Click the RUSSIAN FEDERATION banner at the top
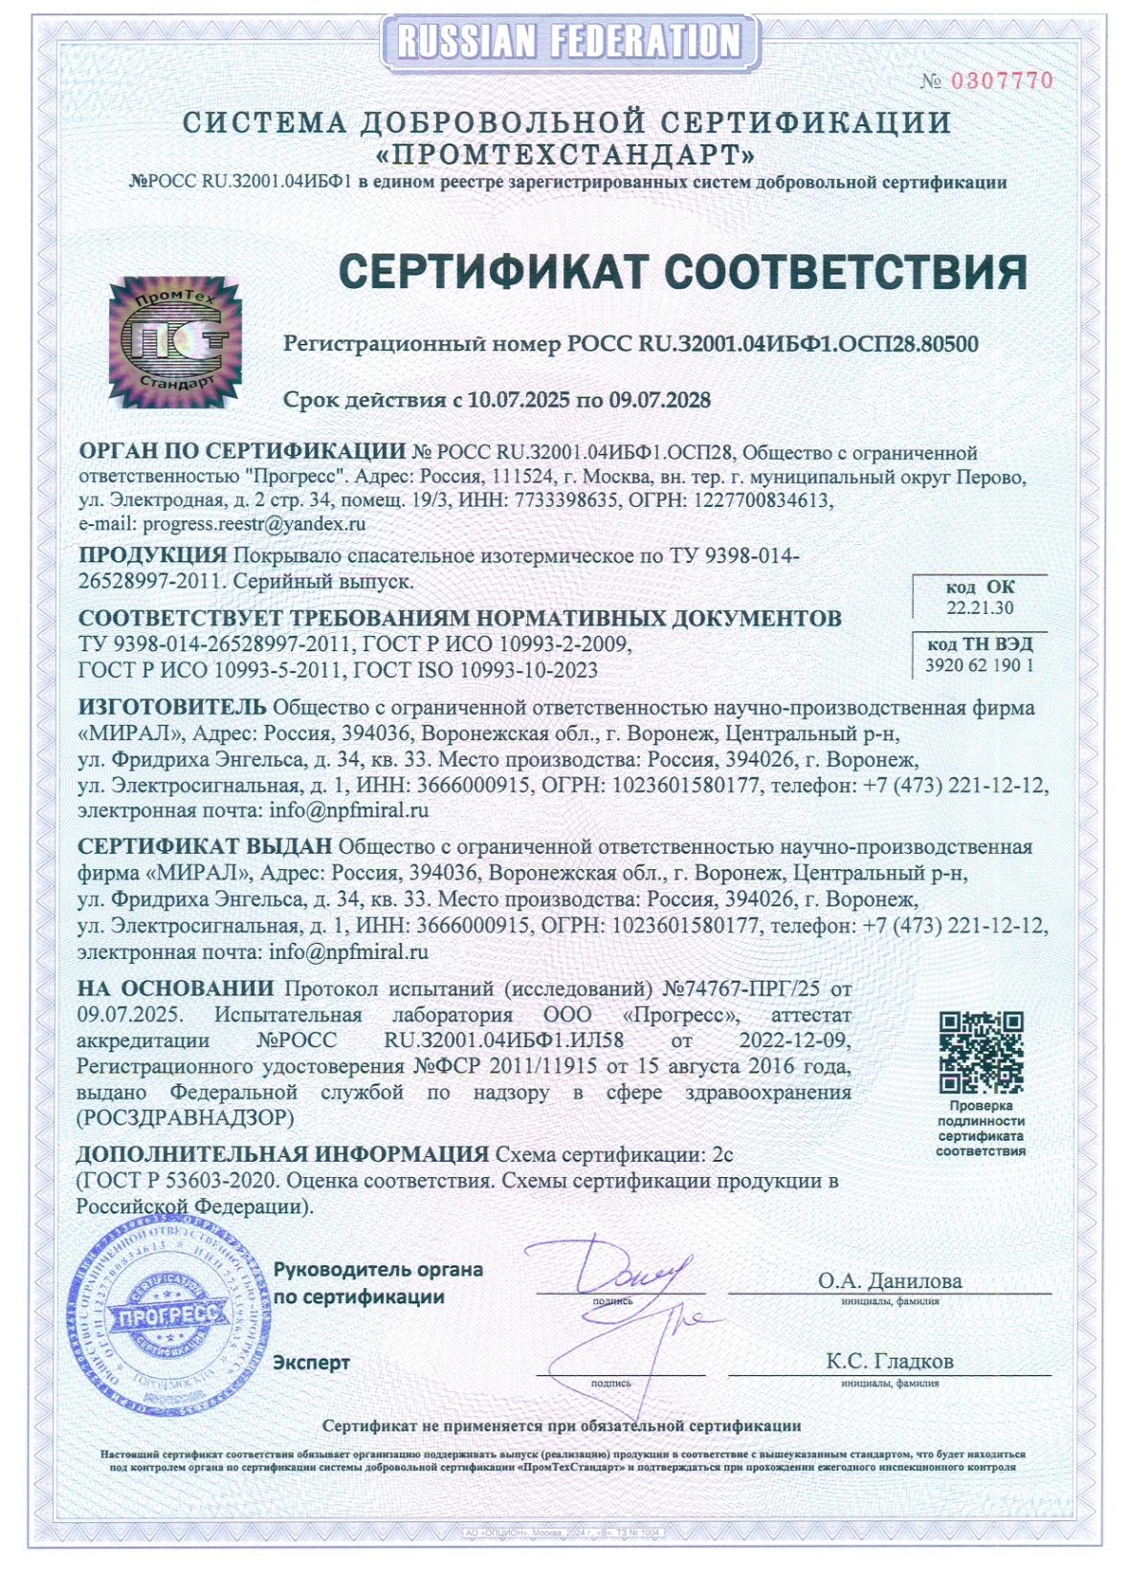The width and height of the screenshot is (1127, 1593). [x=569, y=42]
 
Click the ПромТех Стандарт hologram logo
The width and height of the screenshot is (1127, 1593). [x=174, y=341]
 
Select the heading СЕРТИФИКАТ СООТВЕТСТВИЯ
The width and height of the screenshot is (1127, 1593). [x=683, y=273]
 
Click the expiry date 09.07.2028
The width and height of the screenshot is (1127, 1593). [x=660, y=400]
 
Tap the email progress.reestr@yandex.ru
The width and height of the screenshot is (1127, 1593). [x=254, y=524]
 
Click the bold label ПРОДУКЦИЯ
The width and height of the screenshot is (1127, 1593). [x=153, y=556]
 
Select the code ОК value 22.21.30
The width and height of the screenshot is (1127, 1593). [x=980, y=608]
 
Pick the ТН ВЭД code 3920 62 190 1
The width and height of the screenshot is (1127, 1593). [x=979, y=666]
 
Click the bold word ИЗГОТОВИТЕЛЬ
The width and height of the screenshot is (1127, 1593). [x=172, y=708]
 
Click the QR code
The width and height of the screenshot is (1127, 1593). [x=981, y=1052]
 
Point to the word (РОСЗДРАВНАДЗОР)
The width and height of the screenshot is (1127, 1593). [x=185, y=1118]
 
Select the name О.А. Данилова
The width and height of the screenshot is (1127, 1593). [x=890, y=1281]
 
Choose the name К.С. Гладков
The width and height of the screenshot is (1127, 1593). [x=890, y=1361]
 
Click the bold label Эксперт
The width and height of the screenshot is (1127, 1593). [x=312, y=1363]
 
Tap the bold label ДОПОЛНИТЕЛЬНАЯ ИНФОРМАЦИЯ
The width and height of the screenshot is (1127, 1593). [x=283, y=1154]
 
